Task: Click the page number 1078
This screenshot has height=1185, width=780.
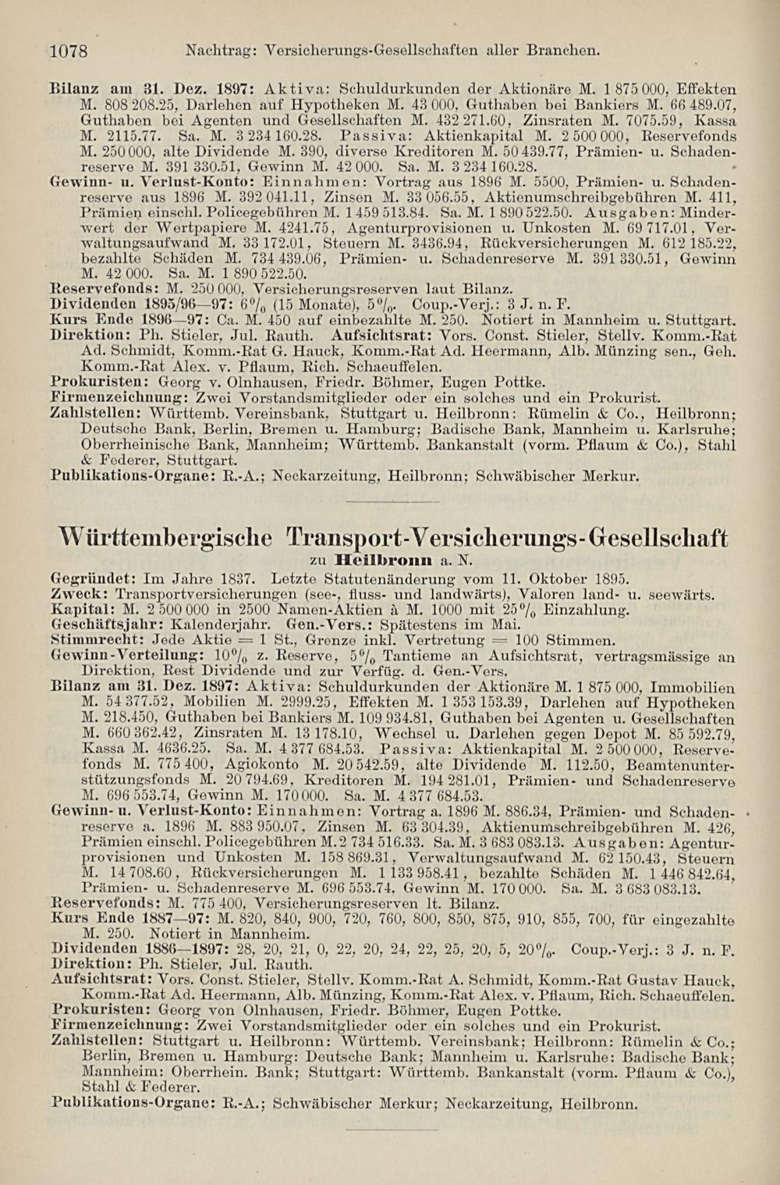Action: [x=67, y=52]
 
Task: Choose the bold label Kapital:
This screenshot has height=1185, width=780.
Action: [x=81, y=610]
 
